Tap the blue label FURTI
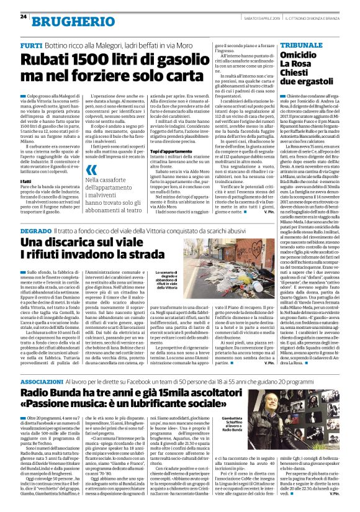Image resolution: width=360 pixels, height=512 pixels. [x=30, y=47]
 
